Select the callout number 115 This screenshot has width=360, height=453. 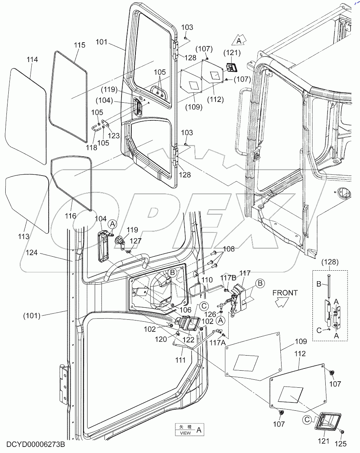point(79,45)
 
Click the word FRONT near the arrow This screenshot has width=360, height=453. point(285,293)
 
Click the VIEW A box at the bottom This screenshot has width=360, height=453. point(190,430)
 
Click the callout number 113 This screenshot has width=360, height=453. point(23,237)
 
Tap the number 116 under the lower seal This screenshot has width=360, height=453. point(70,216)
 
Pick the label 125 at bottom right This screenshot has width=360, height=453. point(341,444)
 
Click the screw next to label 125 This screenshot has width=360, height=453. point(342,431)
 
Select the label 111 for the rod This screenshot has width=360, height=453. point(180,360)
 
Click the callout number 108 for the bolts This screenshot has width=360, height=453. point(228,249)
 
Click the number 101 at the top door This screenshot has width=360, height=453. point(102,42)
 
